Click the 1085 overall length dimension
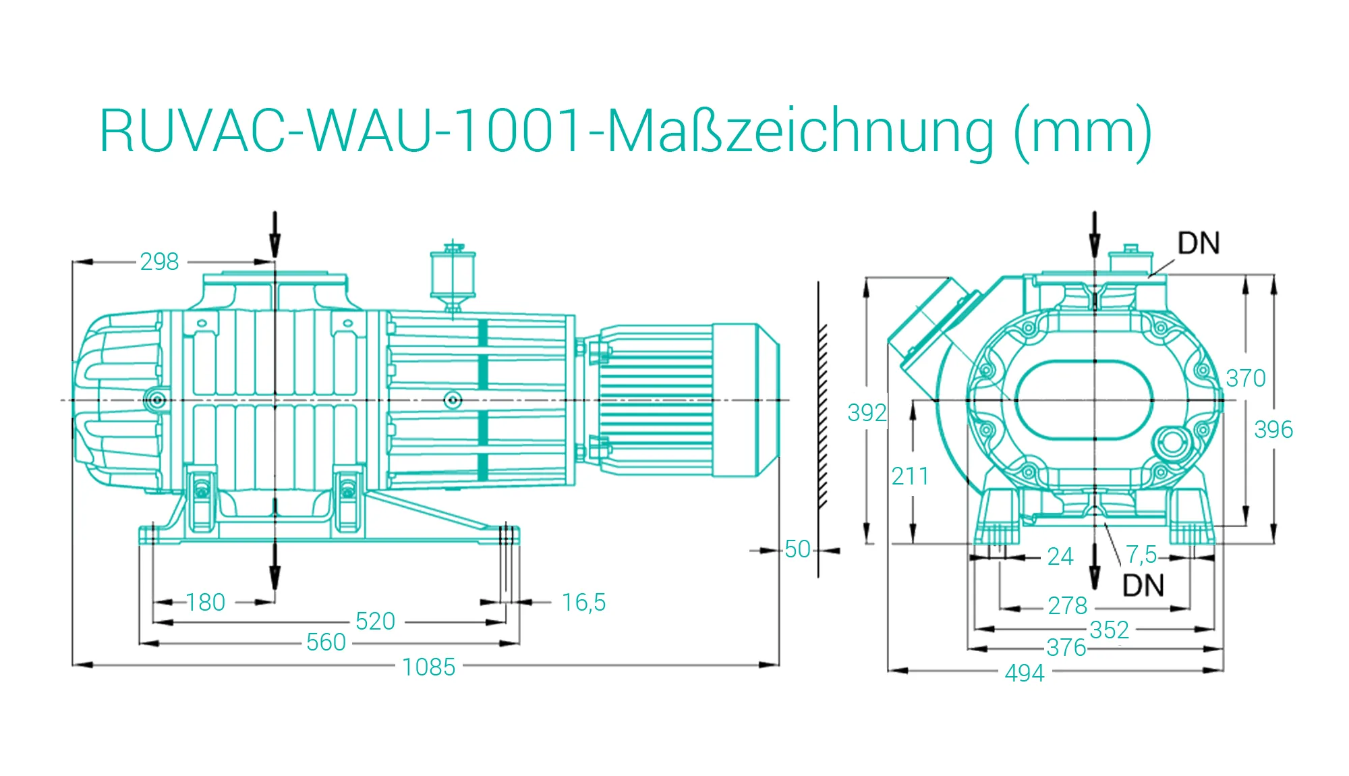(429, 667)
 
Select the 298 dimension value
(160, 262)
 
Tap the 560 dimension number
(326, 642)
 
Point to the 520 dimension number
(376, 621)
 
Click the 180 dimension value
(206, 603)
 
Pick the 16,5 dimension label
(584, 603)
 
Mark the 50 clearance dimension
(798, 549)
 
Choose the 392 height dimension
(867, 413)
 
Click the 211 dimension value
(911, 477)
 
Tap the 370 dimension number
(1246, 379)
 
